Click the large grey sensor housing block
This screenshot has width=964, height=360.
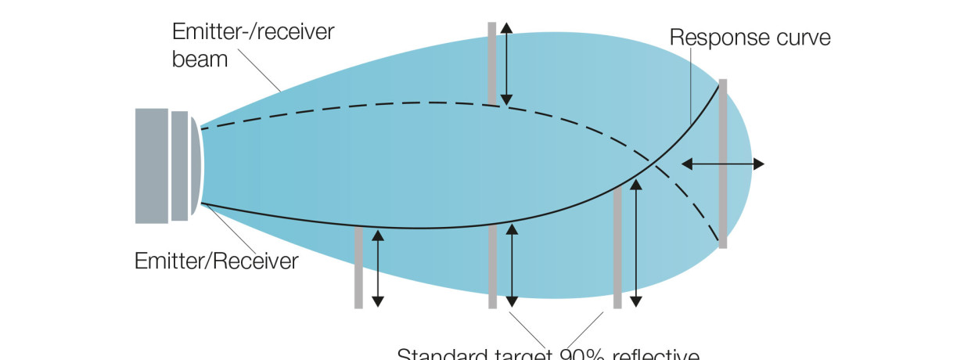pos(151,166)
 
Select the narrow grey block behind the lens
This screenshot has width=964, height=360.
pos(180,166)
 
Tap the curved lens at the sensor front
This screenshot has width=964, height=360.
pos(196,166)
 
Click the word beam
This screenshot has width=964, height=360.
pos(200,59)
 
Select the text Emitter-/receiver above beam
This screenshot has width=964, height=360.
pos(254,32)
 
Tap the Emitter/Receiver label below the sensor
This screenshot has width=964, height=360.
pos(217,260)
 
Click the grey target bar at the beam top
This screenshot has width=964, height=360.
pos(492,63)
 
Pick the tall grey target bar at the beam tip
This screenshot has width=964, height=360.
pos(723,163)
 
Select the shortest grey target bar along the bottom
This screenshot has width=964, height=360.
pos(358,267)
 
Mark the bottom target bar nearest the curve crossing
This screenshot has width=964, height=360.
pos(617,247)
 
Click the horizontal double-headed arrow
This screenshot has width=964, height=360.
pos(722,164)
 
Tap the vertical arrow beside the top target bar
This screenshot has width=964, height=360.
pos(506,63)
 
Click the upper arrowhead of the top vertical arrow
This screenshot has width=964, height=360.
pos(506,27)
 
